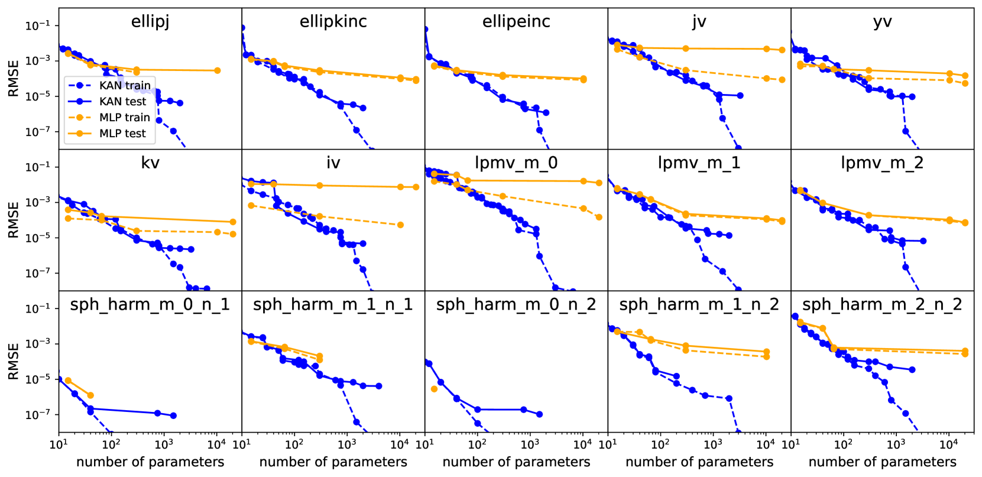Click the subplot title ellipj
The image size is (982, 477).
point(150,22)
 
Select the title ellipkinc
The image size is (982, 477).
point(333,22)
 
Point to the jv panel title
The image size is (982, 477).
point(699,22)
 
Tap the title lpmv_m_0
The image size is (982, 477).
point(516,163)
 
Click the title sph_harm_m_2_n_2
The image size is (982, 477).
point(882,304)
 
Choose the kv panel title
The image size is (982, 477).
point(150,163)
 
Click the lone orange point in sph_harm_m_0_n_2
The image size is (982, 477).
point(435,389)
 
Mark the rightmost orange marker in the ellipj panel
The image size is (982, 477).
point(217,70)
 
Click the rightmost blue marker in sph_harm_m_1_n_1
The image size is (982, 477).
point(378,386)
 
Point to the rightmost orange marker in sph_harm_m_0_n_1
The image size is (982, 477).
point(90,395)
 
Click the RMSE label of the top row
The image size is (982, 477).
point(13,78)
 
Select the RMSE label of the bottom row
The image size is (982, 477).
point(13,361)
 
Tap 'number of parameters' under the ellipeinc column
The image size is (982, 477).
point(516,462)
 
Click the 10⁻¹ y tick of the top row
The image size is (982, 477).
point(38,25)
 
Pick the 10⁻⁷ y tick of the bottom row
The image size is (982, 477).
point(38,414)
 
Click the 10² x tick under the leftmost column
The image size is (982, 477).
point(111,443)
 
